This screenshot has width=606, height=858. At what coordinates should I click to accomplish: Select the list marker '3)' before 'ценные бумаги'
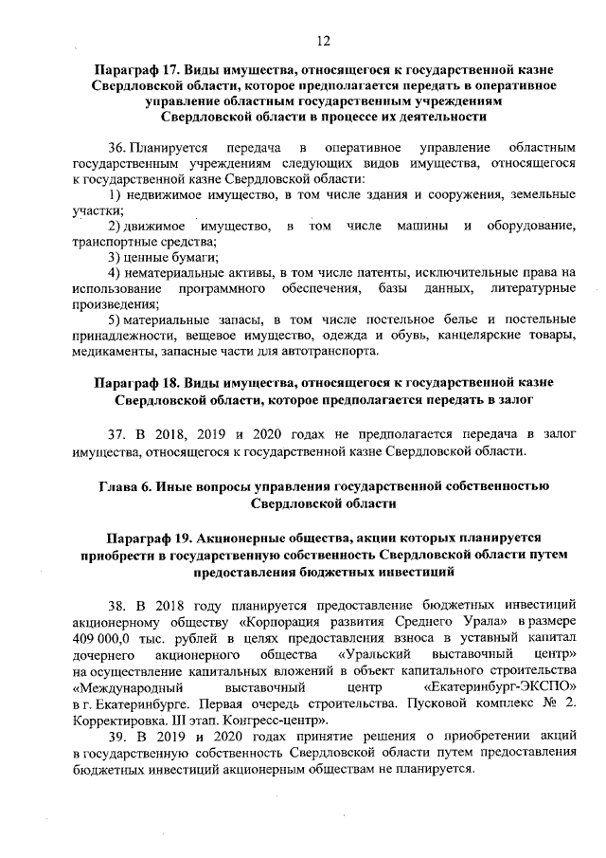pyautogui.click(x=115, y=257)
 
